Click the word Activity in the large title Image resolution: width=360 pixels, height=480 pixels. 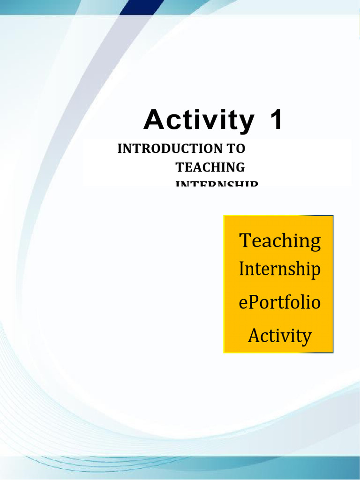(x=199, y=120)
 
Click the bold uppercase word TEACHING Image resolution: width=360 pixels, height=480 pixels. (x=210, y=167)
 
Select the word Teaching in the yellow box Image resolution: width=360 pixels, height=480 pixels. (x=280, y=241)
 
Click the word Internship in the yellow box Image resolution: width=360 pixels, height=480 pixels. (x=280, y=270)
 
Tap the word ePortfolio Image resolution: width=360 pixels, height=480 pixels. (x=280, y=302)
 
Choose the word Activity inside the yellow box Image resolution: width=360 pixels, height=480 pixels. (x=279, y=336)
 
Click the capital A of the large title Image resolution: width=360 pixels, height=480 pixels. (x=153, y=120)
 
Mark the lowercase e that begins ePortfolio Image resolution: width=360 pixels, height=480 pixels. (x=242, y=303)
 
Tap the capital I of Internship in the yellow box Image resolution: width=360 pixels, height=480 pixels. (x=241, y=269)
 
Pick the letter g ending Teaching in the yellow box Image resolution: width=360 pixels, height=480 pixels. (x=315, y=243)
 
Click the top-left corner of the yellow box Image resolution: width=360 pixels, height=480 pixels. (x=224, y=216)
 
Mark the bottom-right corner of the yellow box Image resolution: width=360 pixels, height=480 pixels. (x=333, y=352)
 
